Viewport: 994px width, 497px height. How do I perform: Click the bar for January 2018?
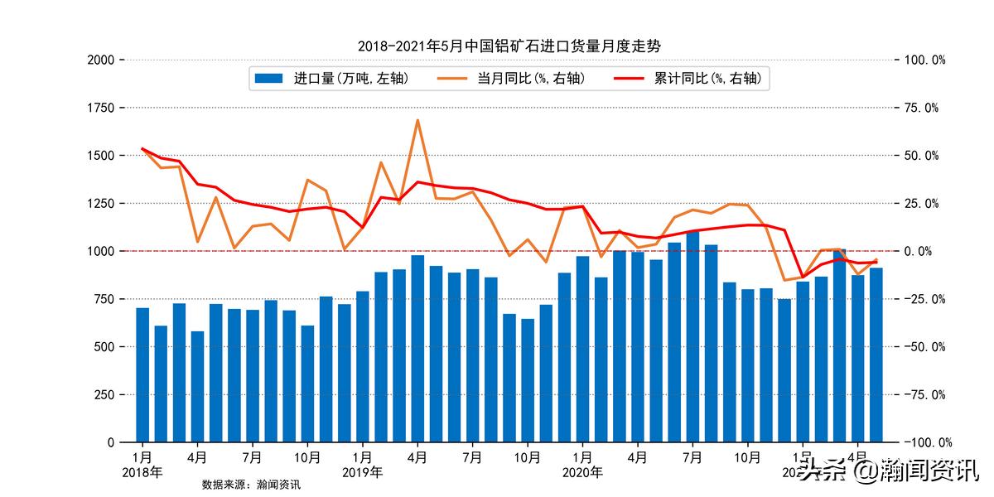pos(142,374)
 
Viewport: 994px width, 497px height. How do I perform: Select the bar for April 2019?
pos(417,348)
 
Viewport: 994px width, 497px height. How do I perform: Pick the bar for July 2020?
pos(692,335)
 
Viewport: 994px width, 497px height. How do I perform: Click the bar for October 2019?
pos(528,379)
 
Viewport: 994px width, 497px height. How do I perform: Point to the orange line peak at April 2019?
pos(417,120)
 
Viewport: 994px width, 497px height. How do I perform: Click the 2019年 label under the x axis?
pos(362,473)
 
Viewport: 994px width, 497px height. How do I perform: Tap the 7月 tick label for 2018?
pos(253,456)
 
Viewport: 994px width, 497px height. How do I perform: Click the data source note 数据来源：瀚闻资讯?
pos(251,485)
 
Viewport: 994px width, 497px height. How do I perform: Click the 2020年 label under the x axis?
pos(582,473)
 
